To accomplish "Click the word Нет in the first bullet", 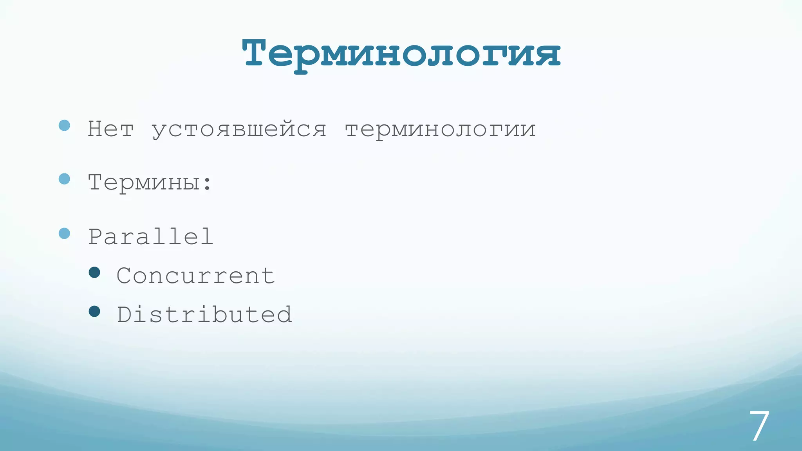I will [111, 129].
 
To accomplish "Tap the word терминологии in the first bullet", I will [440, 130].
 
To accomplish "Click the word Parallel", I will [151, 236].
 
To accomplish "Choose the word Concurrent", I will [196, 276].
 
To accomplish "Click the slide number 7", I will [759, 426].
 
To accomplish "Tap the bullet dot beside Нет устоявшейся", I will [64, 125].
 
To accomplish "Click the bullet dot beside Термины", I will [64, 179].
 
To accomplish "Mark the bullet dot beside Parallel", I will [64, 233].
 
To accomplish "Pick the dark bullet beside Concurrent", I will [94, 272].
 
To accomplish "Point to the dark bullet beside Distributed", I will [94, 311].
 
